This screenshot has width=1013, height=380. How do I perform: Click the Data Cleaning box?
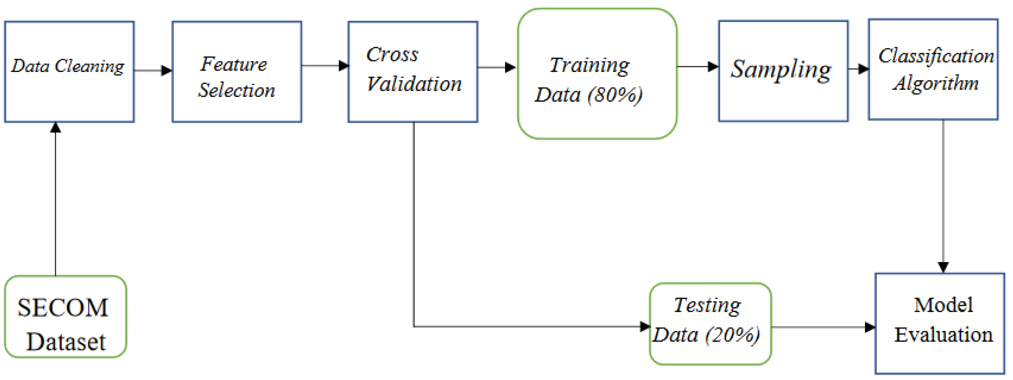(x=69, y=72)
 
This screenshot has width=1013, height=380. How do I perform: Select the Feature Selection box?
(x=237, y=72)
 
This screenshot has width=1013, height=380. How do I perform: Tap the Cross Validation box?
(x=413, y=72)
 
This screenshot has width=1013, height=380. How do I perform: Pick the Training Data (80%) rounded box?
(x=597, y=74)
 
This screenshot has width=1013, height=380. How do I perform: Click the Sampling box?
(x=783, y=71)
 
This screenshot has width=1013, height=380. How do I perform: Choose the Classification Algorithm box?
(x=933, y=69)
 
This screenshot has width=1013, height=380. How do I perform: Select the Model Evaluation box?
(x=939, y=323)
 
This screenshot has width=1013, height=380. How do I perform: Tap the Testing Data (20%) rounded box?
(x=710, y=323)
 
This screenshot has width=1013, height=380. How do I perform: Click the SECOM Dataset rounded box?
(x=65, y=317)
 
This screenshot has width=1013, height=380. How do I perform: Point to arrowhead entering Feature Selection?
(x=167, y=71)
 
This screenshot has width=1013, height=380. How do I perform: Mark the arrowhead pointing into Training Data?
(x=511, y=67)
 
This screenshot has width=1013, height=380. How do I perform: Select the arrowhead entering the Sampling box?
(x=713, y=66)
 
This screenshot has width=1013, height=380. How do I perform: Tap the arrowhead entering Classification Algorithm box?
(x=863, y=69)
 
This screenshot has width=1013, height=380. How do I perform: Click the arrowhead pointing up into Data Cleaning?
(x=56, y=127)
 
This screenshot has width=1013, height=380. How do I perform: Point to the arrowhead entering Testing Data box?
(x=645, y=326)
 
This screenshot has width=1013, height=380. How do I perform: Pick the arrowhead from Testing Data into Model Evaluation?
(x=870, y=327)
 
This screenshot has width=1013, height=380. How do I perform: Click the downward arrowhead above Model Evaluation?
(x=943, y=267)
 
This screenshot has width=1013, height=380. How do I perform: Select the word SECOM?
(x=63, y=307)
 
